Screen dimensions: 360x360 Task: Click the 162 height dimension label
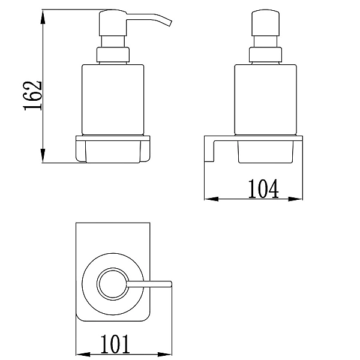point(32,96)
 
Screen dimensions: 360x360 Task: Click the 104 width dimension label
point(263,189)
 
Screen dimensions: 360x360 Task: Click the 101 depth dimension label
point(115,344)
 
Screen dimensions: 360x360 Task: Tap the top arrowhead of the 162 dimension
point(43,17)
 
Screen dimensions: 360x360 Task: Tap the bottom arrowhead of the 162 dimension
point(43,155)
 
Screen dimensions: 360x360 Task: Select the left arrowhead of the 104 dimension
point(211,199)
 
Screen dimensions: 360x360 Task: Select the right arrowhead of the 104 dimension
point(295,199)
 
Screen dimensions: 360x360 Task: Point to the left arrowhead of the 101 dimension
point(83,354)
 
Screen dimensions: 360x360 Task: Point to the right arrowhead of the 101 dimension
point(164,354)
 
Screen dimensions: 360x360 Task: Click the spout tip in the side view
point(170,23)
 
